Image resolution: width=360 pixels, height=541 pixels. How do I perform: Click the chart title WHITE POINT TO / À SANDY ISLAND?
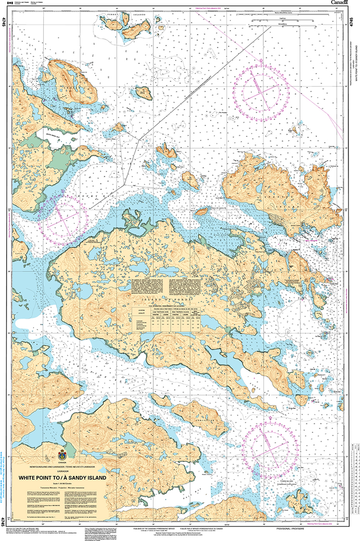[62, 478]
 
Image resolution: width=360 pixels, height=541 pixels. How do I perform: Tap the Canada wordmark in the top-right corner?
[343, 3]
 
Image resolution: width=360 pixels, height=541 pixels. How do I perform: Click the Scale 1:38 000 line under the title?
[62, 484]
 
